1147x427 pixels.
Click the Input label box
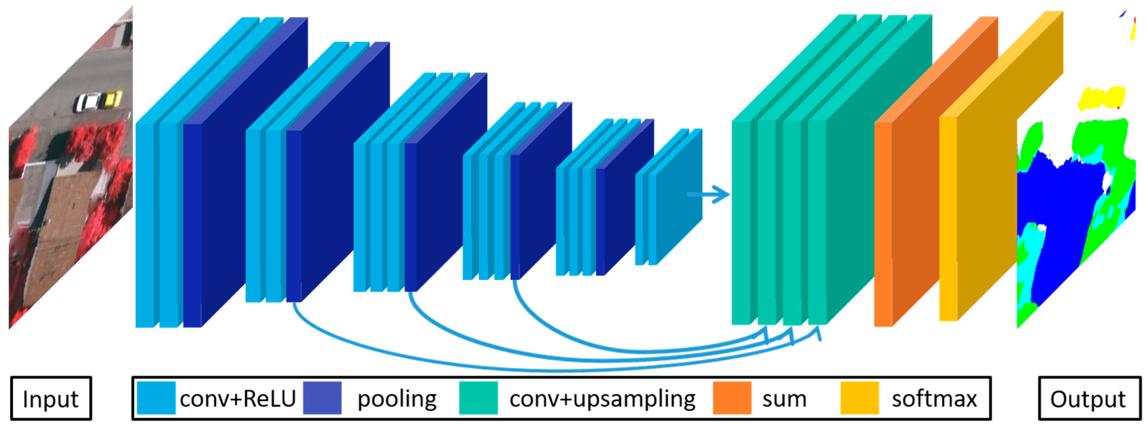[51, 398]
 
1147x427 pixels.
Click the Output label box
[1089, 398]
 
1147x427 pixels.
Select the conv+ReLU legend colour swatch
[156, 398]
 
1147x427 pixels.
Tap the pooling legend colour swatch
[322, 398]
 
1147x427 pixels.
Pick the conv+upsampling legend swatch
[478, 398]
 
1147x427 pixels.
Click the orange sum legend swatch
[732, 398]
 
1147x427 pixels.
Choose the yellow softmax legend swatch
[859, 398]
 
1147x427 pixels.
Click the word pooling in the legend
[397, 398]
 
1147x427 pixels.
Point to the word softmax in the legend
[934, 398]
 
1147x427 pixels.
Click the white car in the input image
[87, 102]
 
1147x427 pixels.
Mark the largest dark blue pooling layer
[249, 178]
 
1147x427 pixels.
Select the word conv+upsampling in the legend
[602, 398]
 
